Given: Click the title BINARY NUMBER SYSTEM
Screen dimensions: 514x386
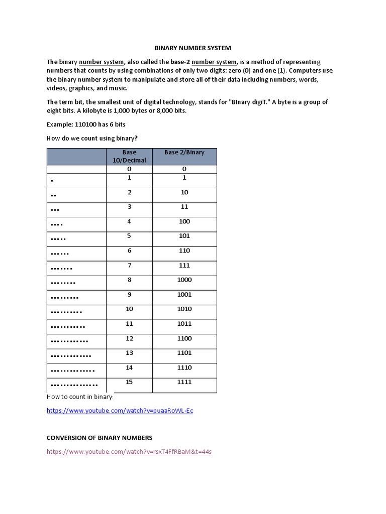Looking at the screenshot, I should [192, 48].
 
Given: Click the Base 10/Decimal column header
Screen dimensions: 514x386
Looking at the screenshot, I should [129, 156].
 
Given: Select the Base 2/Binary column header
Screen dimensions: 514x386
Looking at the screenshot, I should [184, 152].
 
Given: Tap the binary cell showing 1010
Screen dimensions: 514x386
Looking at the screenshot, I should [184, 309].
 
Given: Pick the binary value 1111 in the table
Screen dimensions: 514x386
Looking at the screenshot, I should [184, 382].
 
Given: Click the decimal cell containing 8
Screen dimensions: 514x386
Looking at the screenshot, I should [129, 280].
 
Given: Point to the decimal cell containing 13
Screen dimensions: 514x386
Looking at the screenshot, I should [129, 353].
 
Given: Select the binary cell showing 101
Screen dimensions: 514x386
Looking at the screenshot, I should [184, 236].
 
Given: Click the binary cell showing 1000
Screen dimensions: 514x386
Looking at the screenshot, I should [184, 280].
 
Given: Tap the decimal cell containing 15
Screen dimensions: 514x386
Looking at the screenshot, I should [129, 382].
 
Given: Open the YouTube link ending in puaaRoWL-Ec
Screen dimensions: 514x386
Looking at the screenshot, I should [120, 411].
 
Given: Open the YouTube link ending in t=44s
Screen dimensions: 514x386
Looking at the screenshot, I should [129, 451].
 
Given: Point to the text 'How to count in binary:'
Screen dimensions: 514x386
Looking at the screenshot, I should [80, 397].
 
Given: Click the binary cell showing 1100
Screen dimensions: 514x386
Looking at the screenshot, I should [184, 338].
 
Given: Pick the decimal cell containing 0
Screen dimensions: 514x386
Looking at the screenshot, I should [129, 170].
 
